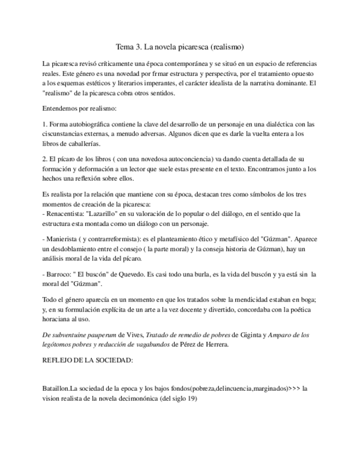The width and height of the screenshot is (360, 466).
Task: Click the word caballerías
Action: tap(82, 143)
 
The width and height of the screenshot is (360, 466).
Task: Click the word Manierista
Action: tap(64, 239)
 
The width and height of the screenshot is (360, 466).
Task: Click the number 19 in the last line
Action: tap(190, 400)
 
